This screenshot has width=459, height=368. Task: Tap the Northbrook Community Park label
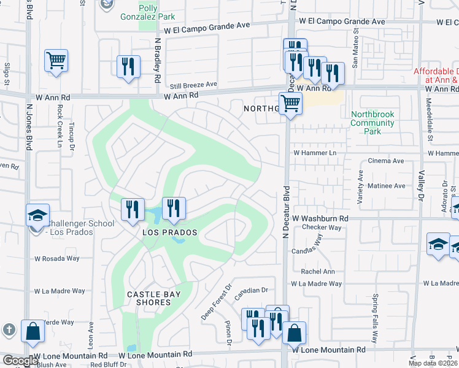point(372,123)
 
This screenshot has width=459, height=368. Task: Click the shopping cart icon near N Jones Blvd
point(56,61)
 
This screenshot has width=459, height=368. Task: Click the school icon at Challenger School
point(38,215)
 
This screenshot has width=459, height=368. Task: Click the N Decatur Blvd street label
point(285,215)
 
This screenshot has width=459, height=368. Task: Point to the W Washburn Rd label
point(320,218)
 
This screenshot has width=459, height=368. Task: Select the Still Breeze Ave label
point(194,85)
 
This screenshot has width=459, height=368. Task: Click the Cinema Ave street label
point(385,161)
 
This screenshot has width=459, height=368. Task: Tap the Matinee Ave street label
point(387,185)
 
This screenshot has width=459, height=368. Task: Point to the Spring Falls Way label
point(375,315)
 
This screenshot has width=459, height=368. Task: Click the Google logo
point(20,360)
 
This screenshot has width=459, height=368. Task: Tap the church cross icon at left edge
point(8,329)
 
